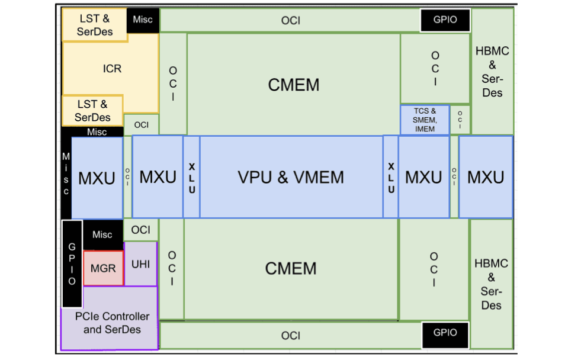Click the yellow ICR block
[x=111, y=68]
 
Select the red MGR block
[x=102, y=268]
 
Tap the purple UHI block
[x=140, y=264]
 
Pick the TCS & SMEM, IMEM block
[x=425, y=120]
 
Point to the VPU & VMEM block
[x=291, y=177]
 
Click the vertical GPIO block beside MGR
[x=72, y=261]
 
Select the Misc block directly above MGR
[x=102, y=234]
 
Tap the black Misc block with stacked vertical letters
[x=66, y=174]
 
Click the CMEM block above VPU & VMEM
[x=293, y=85]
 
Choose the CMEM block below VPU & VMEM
[x=291, y=269]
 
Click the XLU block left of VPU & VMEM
[x=191, y=177]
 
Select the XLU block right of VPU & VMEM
[x=390, y=177]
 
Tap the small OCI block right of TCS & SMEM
[x=460, y=120]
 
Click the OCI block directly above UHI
[x=140, y=230]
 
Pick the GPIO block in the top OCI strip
[x=445, y=20]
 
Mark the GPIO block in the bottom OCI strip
[x=445, y=333]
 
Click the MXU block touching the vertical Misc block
[x=97, y=177]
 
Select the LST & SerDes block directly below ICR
[x=93, y=111]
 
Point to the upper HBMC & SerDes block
[x=492, y=71]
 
